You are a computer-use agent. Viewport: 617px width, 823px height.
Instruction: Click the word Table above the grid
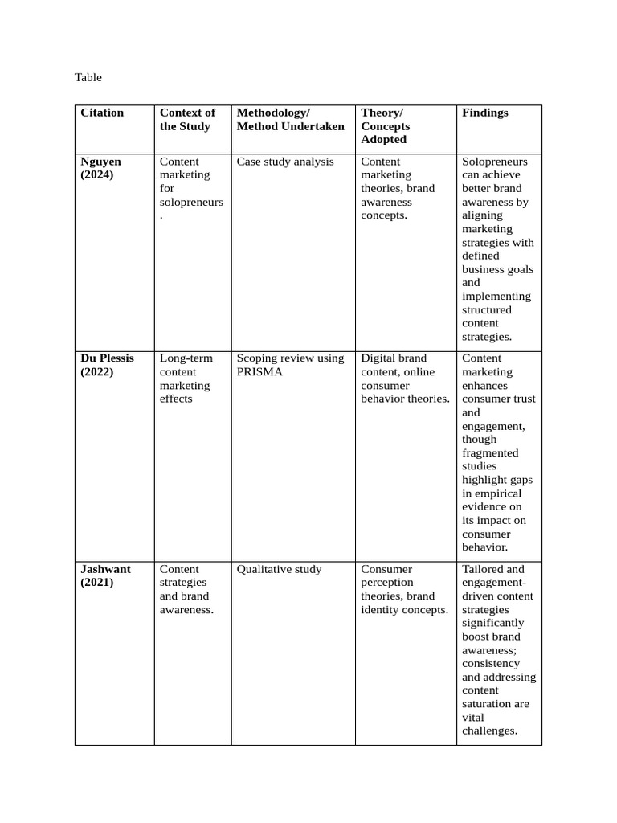(88, 77)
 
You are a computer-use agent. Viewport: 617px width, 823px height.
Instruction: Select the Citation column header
(102, 113)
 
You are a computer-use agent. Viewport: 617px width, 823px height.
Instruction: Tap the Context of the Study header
(187, 120)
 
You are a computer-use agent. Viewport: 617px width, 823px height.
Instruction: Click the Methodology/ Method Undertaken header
(290, 120)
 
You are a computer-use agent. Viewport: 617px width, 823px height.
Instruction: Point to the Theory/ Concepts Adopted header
(385, 126)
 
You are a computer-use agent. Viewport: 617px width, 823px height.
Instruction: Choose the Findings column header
(484, 113)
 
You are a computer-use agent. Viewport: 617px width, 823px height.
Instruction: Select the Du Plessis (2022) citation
(107, 365)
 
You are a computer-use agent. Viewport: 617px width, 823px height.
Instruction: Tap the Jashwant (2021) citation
(105, 575)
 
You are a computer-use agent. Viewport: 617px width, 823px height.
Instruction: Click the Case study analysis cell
(285, 162)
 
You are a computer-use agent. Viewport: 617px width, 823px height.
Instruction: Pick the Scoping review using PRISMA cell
(290, 365)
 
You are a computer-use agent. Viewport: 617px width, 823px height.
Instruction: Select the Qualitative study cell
(279, 569)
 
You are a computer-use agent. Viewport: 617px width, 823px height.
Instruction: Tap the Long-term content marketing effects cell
(186, 379)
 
